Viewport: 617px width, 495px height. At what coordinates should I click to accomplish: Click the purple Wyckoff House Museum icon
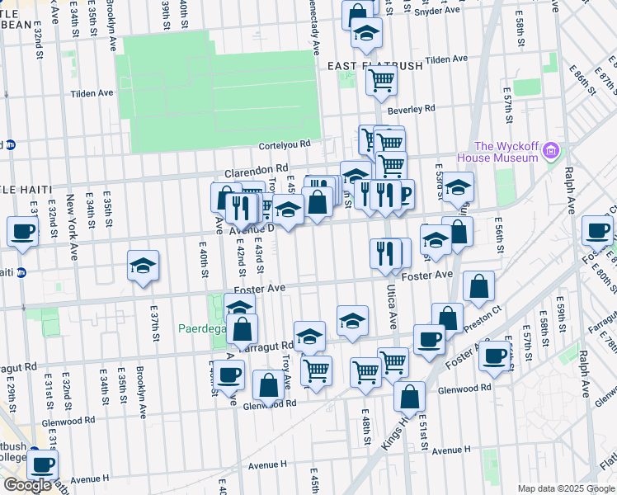point(551,152)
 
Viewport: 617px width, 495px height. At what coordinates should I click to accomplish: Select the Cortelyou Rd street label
point(284,144)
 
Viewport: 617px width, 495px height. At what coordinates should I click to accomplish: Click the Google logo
point(27,485)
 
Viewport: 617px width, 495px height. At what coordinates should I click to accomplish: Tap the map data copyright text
point(565,488)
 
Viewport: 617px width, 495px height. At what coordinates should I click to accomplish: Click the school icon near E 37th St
point(143,266)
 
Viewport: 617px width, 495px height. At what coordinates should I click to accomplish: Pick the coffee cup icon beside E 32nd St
point(22,231)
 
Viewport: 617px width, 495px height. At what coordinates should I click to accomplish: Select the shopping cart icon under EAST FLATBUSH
point(381,80)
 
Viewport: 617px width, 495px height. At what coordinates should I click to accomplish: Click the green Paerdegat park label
point(198,328)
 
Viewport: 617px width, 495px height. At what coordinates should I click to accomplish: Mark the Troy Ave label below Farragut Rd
point(286,373)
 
